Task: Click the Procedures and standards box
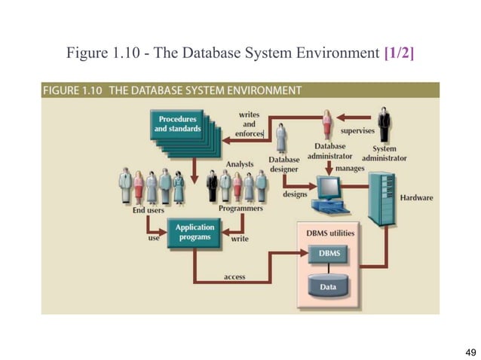(178, 124)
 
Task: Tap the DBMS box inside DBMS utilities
(329, 255)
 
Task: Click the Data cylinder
(329, 287)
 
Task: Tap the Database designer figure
(281, 139)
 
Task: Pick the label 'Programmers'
(240, 208)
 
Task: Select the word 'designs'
(294, 194)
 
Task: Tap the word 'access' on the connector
(234, 276)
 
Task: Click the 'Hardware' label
(416, 197)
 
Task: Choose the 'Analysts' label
(240, 163)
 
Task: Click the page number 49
(471, 352)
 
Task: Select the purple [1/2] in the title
(399, 53)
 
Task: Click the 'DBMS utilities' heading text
(329, 233)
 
